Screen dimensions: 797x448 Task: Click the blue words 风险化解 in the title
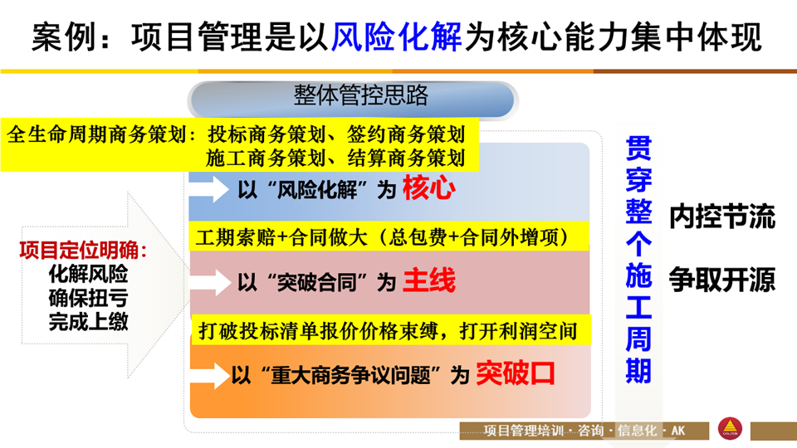[x=397, y=37]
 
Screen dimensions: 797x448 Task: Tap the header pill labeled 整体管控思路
[x=353, y=99]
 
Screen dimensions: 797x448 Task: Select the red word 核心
[x=428, y=188]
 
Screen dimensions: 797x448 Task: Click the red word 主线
[x=429, y=280]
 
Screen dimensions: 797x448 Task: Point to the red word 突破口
[x=516, y=374]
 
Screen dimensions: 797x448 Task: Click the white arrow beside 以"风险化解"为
[x=209, y=188]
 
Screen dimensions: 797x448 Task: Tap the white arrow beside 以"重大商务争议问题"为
[x=210, y=375]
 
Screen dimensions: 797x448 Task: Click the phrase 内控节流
[x=721, y=217]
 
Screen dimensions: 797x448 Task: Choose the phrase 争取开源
[x=721, y=279]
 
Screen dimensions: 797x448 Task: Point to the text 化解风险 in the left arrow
[x=89, y=274]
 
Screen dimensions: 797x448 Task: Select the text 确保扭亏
[x=89, y=298]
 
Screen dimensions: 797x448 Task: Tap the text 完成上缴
[x=89, y=322]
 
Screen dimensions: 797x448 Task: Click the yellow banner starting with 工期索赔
[x=389, y=236]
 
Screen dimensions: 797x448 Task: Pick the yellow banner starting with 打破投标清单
[x=391, y=331]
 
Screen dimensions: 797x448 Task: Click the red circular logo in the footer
[x=730, y=428]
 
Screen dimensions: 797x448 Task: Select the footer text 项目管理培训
[x=524, y=431]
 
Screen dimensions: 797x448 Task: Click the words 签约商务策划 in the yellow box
[x=406, y=134]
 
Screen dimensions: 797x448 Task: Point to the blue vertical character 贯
[x=639, y=149]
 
